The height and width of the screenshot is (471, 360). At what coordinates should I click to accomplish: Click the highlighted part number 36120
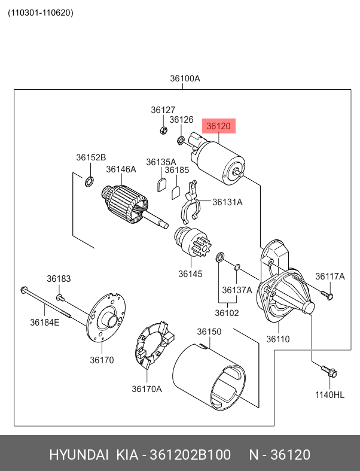pyautogui.click(x=218, y=126)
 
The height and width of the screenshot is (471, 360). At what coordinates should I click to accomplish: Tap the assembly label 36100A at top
pyautogui.click(x=185, y=78)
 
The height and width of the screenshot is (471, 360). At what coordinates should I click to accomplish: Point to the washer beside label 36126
pyautogui.click(x=180, y=141)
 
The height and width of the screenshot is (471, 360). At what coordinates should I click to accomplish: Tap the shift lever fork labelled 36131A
pyautogui.click(x=190, y=203)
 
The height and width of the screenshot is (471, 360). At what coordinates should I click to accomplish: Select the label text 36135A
pyautogui.click(x=161, y=162)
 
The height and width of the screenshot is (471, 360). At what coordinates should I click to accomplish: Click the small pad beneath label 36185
pyautogui.click(x=176, y=192)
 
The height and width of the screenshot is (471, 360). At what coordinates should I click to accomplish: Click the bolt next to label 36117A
pyautogui.click(x=327, y=295)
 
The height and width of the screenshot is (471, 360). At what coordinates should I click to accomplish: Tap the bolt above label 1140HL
pyautogui.click(x=330, y=372)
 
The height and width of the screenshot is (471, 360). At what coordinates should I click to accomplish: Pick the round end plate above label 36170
pyautogui.click(x=106, y=317)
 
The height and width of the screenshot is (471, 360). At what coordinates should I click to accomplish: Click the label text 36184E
pyautogui.click(x=45, y=323)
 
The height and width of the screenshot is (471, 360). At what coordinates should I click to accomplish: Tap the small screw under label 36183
pyautogui.click(x=60, y=297)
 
